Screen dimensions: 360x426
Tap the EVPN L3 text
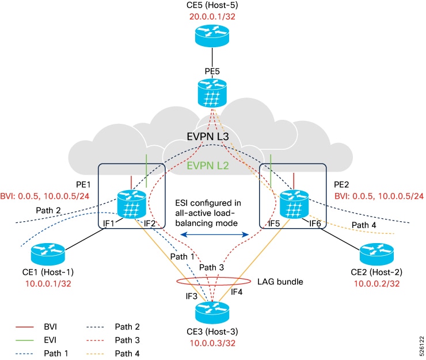pyautogui.click(x=211, y=137)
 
